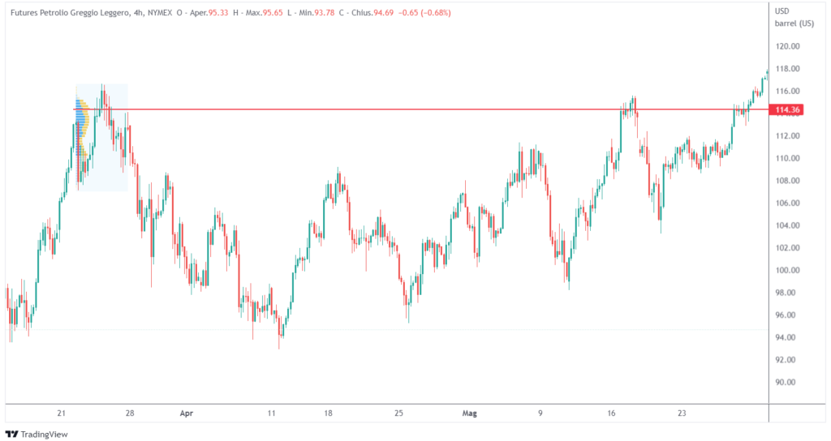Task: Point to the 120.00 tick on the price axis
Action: point(788,46)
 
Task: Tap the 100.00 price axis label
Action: point(788,270)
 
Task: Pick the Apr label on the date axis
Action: point(187,413)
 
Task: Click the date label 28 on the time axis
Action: point(130,413)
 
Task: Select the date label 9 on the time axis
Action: point(540,413)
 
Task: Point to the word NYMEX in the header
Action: point(163,13)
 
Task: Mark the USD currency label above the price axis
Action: point(783,11)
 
